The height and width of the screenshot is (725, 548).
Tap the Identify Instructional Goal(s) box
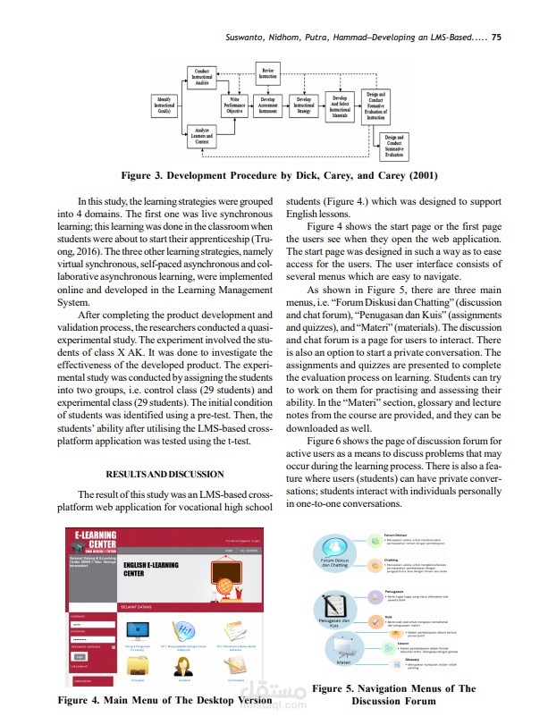click(164, 104)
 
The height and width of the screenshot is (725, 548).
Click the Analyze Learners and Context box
click(202, 138)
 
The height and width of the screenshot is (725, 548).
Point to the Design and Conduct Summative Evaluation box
click(393, 147)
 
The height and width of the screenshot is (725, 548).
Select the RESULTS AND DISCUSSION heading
click(165, 474)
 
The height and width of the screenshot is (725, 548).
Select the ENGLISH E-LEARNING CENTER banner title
click(151, 569)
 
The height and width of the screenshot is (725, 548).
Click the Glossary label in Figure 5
click(400, 660)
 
